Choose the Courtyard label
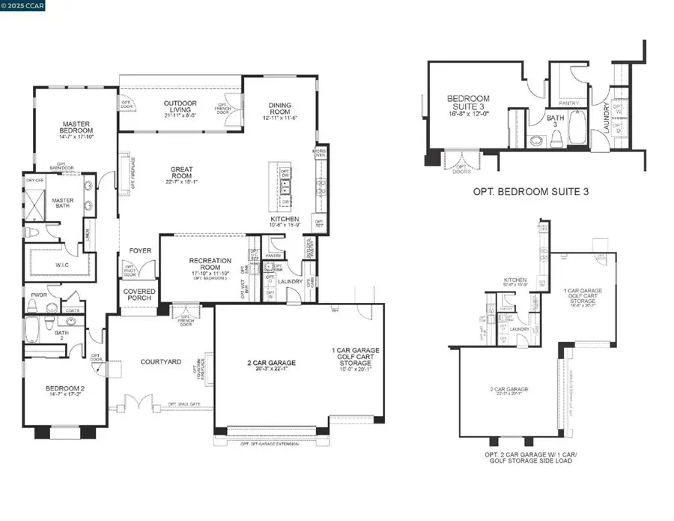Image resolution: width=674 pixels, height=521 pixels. tap(161, 362)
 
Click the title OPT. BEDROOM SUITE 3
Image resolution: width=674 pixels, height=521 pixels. tap(531, 192)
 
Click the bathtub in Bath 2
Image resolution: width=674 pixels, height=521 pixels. tap(33, 328)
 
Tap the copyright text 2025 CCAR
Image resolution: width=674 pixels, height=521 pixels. tap(25, 7)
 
